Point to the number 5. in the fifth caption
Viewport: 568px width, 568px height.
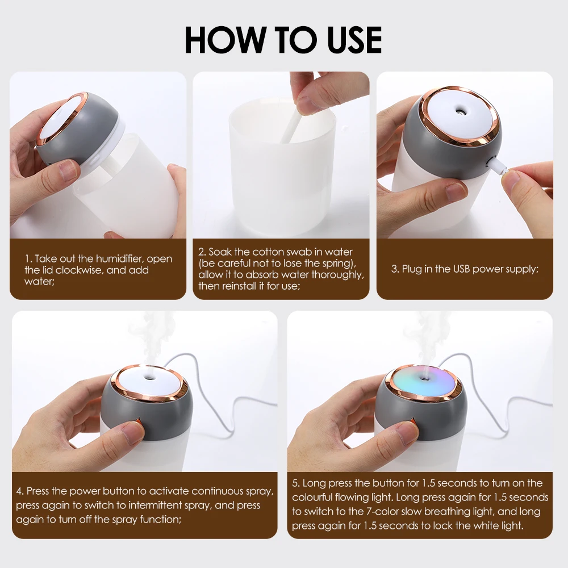point(296,483)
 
